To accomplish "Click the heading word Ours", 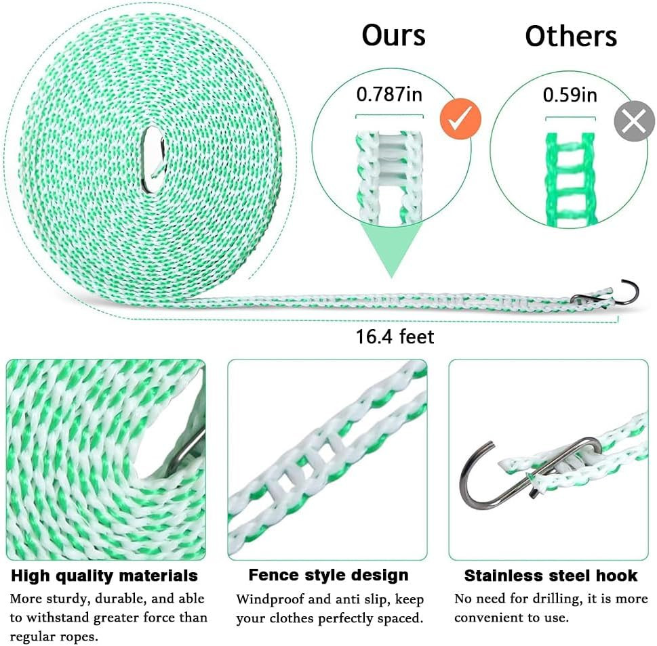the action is coord(393,35).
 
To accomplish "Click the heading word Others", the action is coord(571,36).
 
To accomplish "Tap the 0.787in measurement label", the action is coord(389,94).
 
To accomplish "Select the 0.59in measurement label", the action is coord(570,95).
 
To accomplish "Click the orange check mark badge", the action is coord(460,119).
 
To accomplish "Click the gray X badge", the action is coord(635,121).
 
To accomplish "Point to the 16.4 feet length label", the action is coord(395,337).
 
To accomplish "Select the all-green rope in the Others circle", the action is coord(571,179).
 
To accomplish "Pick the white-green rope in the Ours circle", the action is coord(389,178).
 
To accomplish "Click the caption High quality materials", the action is coord(104,576).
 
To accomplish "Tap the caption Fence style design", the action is coord(328,575).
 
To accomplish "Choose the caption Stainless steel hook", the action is coord(551,576).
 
